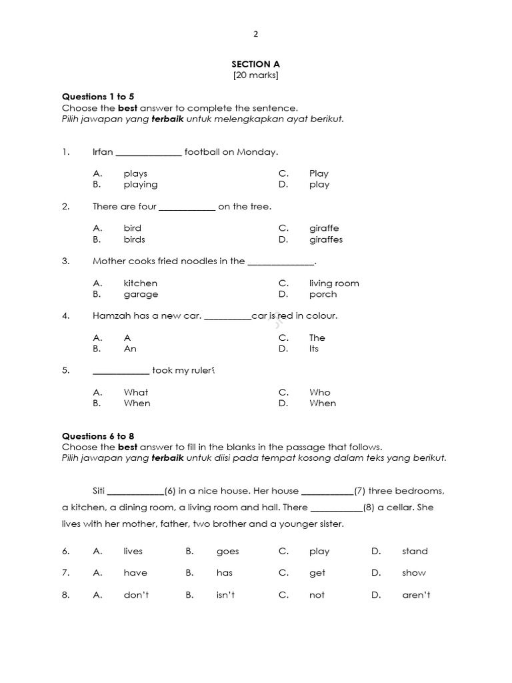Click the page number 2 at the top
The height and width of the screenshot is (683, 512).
pos(255,35)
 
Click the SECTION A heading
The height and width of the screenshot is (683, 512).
pos(255,64)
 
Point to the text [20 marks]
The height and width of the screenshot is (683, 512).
pos(255,75)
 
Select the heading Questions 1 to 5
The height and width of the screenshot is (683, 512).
pos(98,97)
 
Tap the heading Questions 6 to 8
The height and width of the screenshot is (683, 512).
pos(98,436)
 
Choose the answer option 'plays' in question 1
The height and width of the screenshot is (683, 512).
pos(135,173)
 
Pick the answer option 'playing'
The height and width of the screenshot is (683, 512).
pos(141,185)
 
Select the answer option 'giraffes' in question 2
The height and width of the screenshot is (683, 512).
pos(326,239)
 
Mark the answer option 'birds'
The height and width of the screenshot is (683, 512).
pos(134,239)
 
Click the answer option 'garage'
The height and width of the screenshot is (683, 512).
pos(141,294)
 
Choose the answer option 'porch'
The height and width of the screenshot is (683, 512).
pos(323,294)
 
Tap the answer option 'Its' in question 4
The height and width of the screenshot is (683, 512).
pos(314,349)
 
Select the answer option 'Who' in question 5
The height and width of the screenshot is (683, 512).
pos(319,392)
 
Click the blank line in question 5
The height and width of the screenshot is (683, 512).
pos(121,372)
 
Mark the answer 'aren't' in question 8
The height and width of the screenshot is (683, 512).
pos(416,595)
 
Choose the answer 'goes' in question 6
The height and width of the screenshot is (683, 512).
pos(227,552)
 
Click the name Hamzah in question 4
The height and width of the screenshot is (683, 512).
pos(111,316)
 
